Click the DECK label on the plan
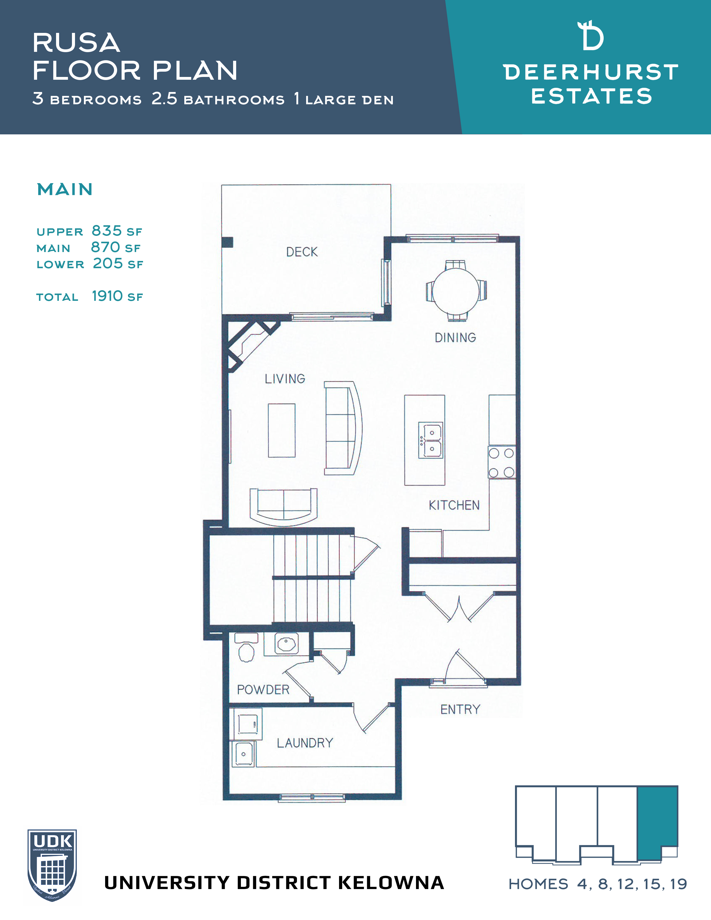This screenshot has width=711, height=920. coord(302,252)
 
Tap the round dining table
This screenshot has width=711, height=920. coord(456,290)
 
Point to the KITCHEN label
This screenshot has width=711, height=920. coord(454,505)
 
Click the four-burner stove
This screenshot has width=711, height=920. coord(502,462)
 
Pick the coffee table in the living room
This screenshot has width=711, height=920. coord(282,430)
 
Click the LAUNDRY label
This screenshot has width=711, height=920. coord(305,743)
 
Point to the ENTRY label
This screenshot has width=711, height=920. coord(460,710)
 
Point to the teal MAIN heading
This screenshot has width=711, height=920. coord(65,190)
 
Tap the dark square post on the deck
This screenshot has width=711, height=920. coord(227,242)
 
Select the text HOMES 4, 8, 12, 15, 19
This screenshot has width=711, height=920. coord(598,884)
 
